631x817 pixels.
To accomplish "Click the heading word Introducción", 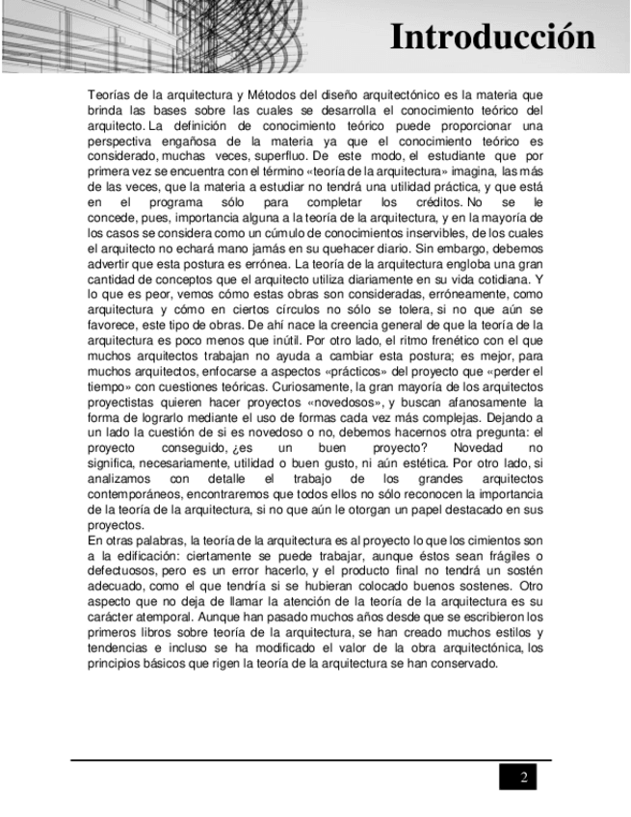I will point(492,38).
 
